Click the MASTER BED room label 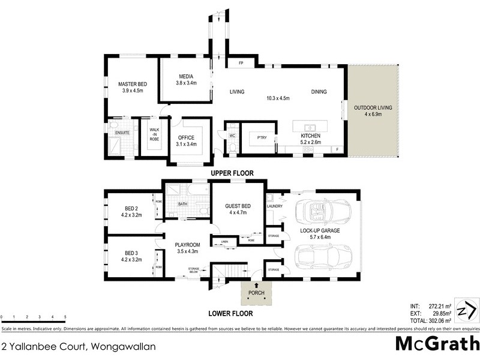pyautogui.click(x=132, y=84)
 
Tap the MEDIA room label pyautogui.click(x=186, y=76)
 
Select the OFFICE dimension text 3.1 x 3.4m pyautogui.click(x=190, y=144)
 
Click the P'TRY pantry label pyautogui.click(x=262, y=136)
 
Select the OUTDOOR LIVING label pyautogui.click(x=373, y=107)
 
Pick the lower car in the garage pyautogui.click(x=319, y=258)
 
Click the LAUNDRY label pyautogui.click(x=274, y=206)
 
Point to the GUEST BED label pyautogui.click(x=237, y=206)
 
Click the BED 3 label pyautogui.click(x=132, y=253)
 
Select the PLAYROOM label pyautogui.click(x=187, y=245)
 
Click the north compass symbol pyautogui.click(x=466, y=310)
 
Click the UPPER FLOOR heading pyautogui.click(x=232, y=173)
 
